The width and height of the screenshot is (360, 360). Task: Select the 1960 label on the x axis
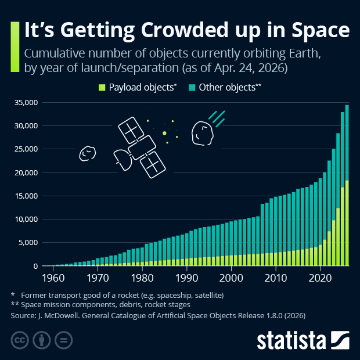[53, 277]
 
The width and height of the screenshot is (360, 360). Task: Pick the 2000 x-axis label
[232, 277]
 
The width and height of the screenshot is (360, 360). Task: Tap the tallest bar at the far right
[347, 186]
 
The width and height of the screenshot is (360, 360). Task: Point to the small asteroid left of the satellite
[87, 153]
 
